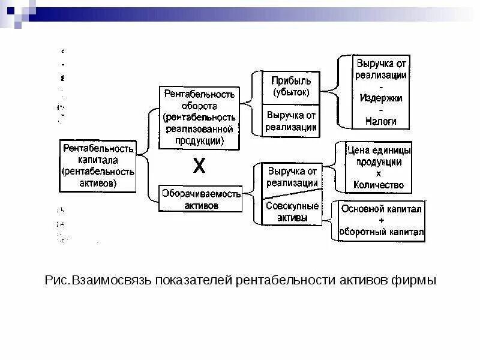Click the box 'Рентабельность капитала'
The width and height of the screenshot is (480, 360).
tap(98, 165)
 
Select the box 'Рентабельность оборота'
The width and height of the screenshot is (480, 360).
tap(199, 118)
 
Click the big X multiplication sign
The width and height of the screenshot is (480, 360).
tap(199, 166)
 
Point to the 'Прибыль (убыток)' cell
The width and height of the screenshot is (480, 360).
tap(291, 88)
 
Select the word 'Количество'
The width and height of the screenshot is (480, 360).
tap(379, 185)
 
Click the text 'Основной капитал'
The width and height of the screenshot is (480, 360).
tap(381, 209)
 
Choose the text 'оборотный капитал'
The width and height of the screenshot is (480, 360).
tap(381, 232)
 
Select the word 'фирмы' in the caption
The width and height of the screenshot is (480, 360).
tap(415, 281)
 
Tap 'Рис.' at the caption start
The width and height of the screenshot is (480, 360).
tap(58, 281)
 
